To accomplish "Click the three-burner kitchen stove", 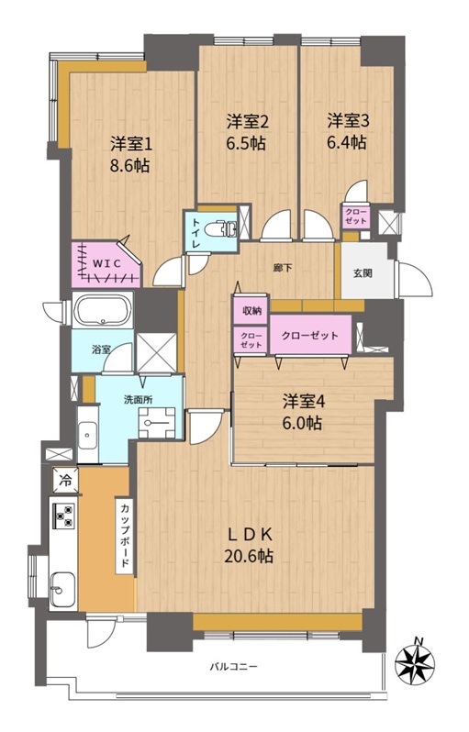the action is tap(64, 515).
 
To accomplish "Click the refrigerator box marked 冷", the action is tap(66, 480).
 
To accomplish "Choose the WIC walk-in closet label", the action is tap(106, 264).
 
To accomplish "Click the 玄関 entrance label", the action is tap(363, 273).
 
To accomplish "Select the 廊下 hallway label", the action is tap(282, 268).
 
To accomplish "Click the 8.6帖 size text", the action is tap(129, 165).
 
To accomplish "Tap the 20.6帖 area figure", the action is tap(249, 556).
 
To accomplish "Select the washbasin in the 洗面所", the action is tap(87, 435).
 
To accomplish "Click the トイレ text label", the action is tap(195, 232).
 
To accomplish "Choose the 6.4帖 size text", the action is tap(346, 142).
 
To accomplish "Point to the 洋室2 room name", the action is tap(248, 122).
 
